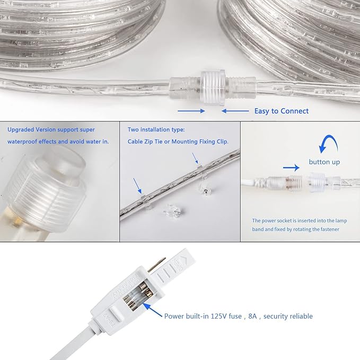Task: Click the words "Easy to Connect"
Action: click(x=281, y=111)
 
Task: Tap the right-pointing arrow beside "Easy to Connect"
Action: click(x=191, y=111)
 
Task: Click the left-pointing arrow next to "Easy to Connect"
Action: click(x=235, y=111)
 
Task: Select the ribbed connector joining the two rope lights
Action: click(x=213, y=87)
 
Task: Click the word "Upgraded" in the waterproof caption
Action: click(x=21, y=130)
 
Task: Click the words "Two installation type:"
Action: click(x=156, y=130)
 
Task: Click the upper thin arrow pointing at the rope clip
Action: click(x=195, y=158)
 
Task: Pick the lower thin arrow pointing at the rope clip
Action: click(x=137, y=186)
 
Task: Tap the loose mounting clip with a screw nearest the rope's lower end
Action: click(x=173, y=210)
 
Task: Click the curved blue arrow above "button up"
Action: click(x=328, y=142)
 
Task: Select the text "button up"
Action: click(x=324, y=162)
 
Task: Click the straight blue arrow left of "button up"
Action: click(x=291, y=168)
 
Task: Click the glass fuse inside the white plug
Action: click(x=138, y=297)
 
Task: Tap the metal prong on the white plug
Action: click(x=156, y=265)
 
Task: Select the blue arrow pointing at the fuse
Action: click(x=153, y=310)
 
